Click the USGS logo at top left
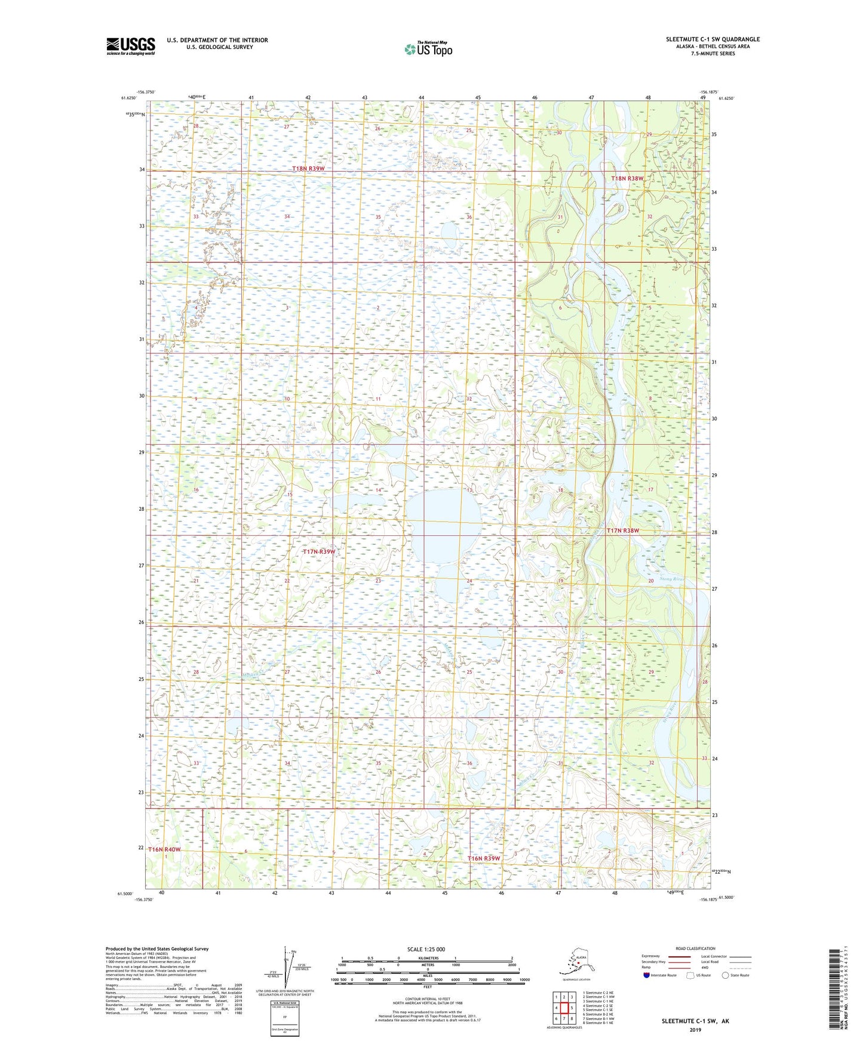click(130, 46)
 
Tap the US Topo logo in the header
click(428, 49)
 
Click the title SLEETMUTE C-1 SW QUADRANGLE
click(712, 39)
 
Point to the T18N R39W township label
click(308, 169)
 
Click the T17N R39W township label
click(318, 552)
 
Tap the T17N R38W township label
click(623, 531)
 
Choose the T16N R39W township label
click(483, 858)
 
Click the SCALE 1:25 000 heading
click(426, 949)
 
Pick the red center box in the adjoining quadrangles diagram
click(564, 1008)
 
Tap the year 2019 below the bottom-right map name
click(695, 1029)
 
